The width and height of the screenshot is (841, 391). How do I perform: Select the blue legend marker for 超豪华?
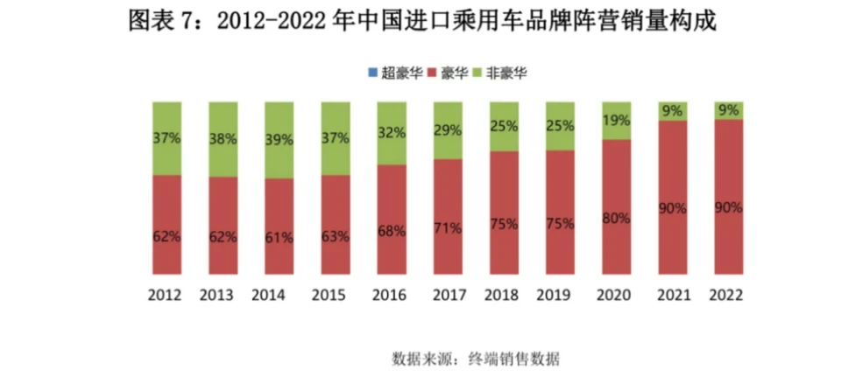371,73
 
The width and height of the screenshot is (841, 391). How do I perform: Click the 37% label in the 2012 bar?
166,137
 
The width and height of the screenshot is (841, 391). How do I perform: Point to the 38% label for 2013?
223,138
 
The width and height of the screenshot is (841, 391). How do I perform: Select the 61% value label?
279,236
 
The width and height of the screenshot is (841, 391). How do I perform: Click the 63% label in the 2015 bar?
335,235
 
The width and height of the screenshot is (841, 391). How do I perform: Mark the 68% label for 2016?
392,231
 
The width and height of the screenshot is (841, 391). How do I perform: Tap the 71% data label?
448,228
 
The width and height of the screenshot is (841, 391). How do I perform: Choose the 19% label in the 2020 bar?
617,121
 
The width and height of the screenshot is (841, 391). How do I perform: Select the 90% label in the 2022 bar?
729,208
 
